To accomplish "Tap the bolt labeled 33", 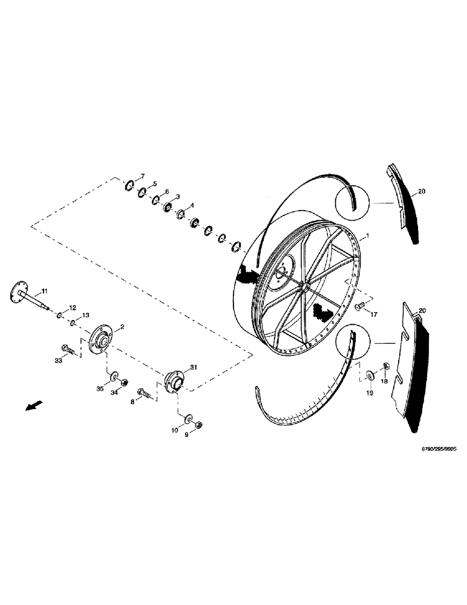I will click(67, 349).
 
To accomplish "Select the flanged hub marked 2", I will click(99, 339).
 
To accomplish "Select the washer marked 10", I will click(188, 419).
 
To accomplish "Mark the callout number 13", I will click(86, 315).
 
